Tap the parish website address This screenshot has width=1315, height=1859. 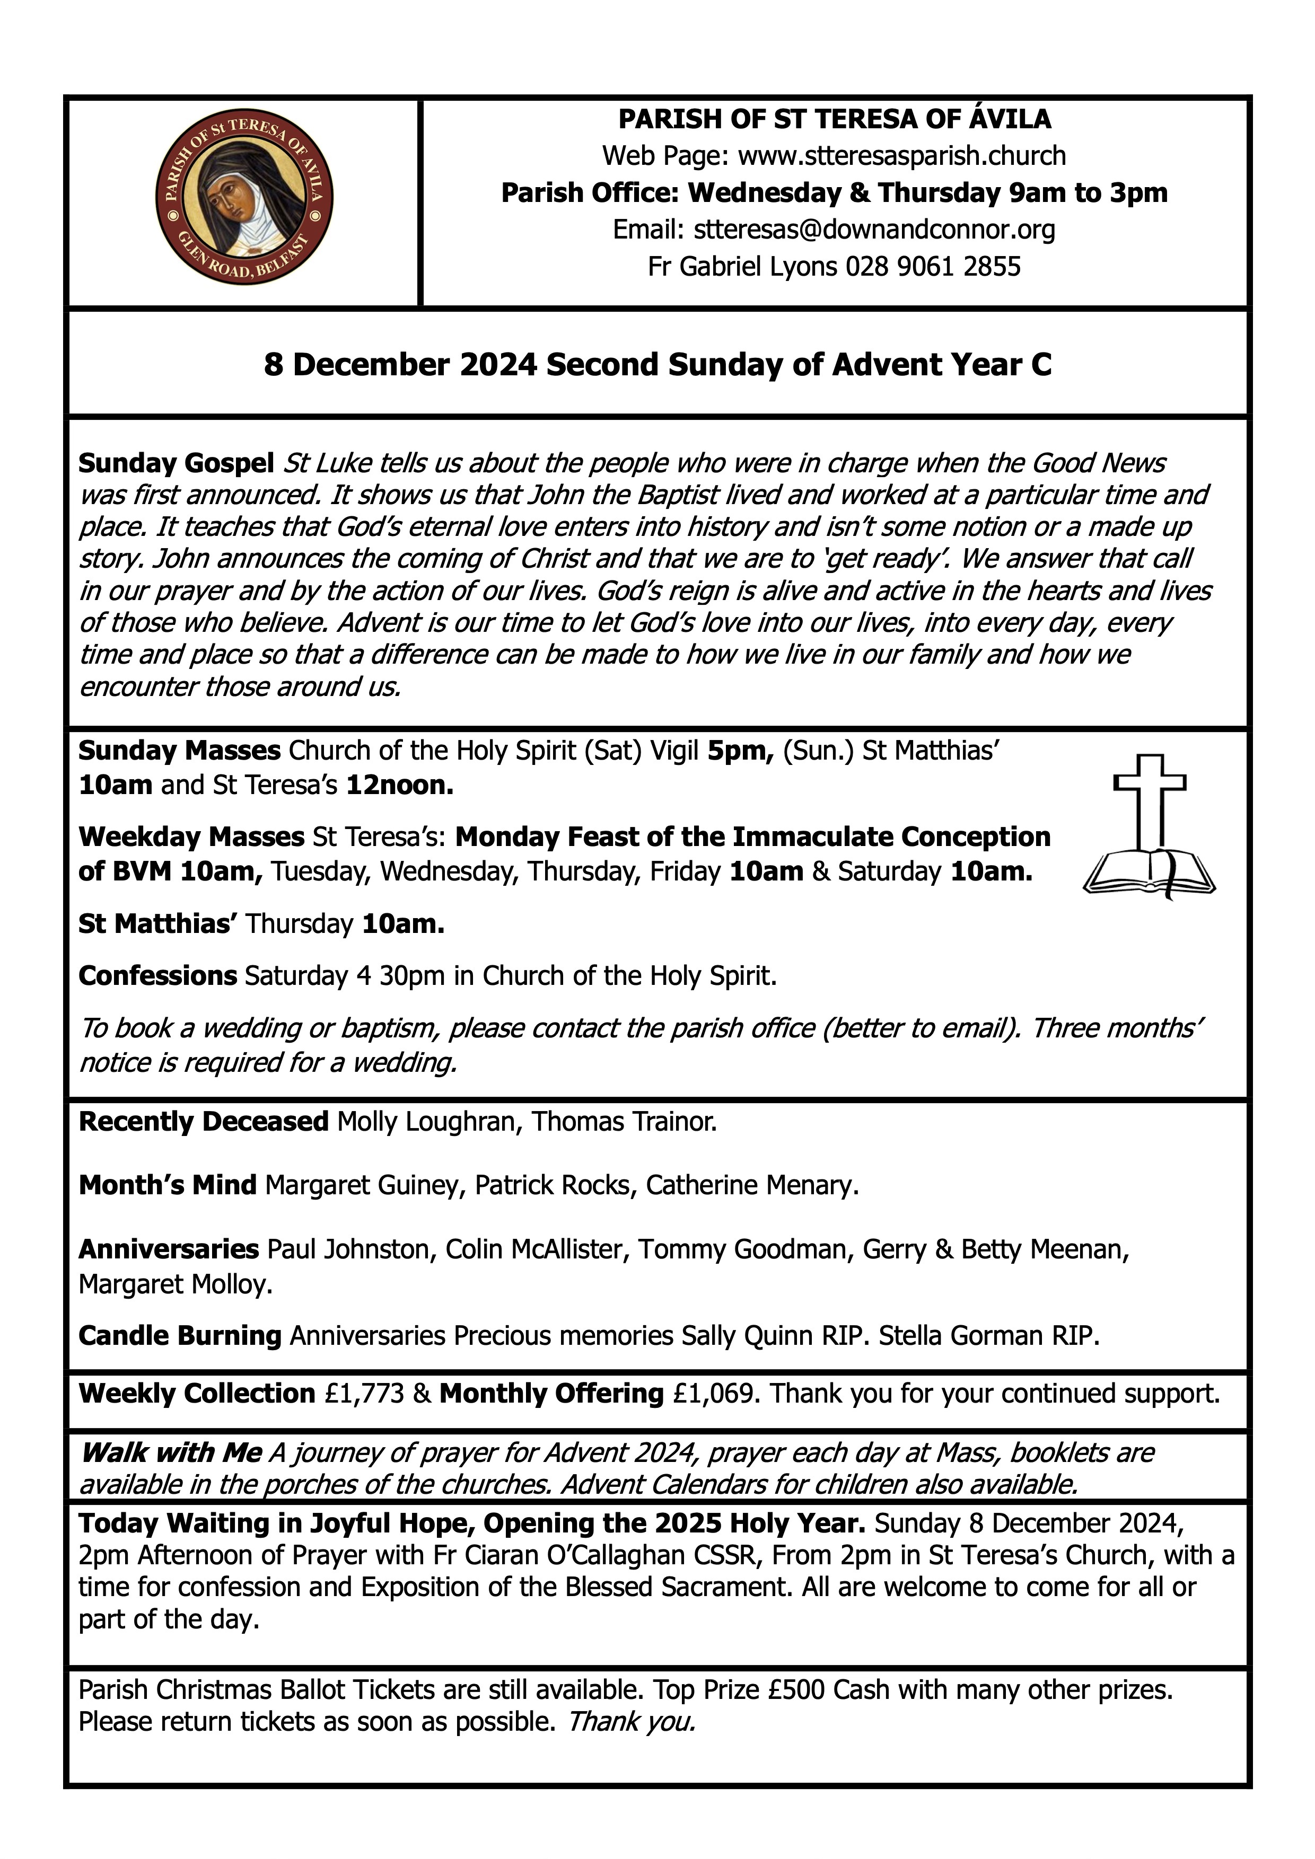point(901,155)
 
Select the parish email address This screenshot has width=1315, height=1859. point(874,230)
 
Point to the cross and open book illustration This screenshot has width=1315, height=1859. point(1149,827)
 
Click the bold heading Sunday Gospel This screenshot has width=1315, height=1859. point(176,463)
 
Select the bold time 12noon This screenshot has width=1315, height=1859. point(399,786)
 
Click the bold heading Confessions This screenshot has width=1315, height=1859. point(158,976)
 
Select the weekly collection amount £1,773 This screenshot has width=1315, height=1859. point(364,1394)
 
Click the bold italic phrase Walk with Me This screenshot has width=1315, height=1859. point(172,1452)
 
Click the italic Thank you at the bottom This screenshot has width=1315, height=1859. point(632,1721)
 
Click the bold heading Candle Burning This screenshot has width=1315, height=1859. point(180,1335)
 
